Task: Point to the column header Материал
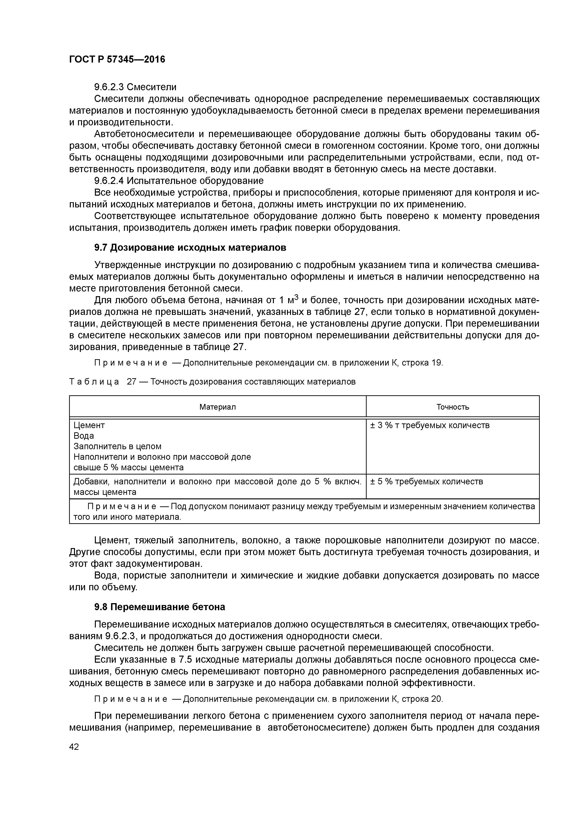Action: pyautogui.click(x=218, y=407)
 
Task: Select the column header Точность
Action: pyautogui.click(x=452, y=407)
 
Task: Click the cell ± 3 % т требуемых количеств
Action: pyautogui.click(x=430, y=425)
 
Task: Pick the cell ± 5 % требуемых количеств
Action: pyautogui.click(x=426, y=482)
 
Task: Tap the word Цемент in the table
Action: pyautogui.click(x=89, y=425)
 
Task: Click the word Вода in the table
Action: pyautogui.click(x=84, y=436)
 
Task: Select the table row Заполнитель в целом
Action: pyautogui.click(x=117, y=446)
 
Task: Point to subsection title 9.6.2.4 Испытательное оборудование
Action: pyautogui.click(x=179, y=180)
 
